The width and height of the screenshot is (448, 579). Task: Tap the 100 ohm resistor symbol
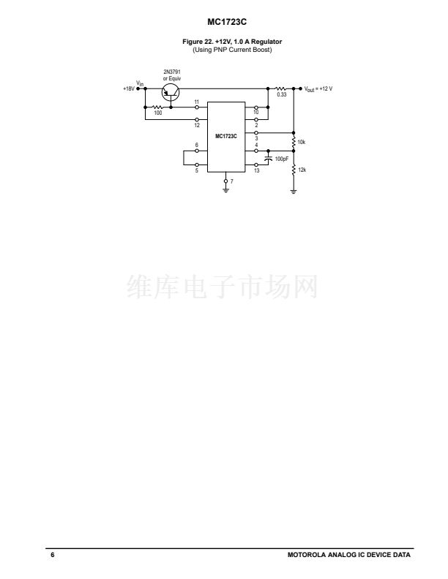point(157,107)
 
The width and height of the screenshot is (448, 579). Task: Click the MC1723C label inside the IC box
point(225,136)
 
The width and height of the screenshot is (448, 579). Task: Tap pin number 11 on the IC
point(196,102)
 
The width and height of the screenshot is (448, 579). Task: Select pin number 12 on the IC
point(196,124)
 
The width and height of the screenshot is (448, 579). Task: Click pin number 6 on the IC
point(196,145)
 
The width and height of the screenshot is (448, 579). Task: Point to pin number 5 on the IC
point(196,170)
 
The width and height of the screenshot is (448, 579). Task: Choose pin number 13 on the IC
point(256,170)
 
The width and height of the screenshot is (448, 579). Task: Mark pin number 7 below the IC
point(231,180)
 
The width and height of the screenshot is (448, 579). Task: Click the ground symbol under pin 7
point(225,192)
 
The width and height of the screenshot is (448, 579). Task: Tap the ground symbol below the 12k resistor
point(294,192)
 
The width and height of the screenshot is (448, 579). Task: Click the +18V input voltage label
point(128,89)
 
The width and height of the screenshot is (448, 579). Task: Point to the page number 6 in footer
point(53,555)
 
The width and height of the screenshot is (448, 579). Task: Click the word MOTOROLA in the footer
point(307,555)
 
